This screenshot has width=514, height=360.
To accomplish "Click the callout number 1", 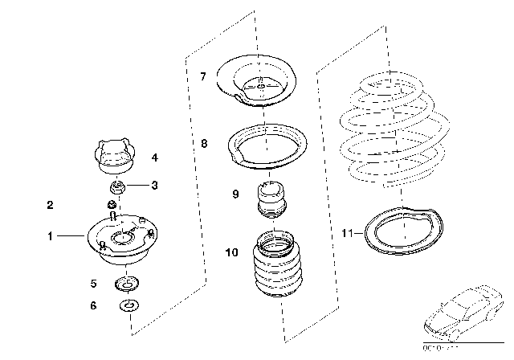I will point(50,236).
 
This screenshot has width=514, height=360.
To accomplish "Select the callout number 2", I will point(50,206).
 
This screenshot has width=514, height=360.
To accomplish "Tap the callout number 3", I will point(155,186).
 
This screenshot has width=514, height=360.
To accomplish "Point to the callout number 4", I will point(155,157).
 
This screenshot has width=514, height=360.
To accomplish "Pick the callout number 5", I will point(94,283).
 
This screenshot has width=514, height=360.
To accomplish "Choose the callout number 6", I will point(94,305).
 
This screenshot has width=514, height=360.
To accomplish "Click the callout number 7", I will point(203,76).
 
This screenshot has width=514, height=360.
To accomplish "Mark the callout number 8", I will point(204,144).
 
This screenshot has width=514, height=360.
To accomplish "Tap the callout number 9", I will point(235,194).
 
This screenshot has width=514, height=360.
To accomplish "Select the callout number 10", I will point(232,252).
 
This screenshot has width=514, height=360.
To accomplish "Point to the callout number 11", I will point(346,234).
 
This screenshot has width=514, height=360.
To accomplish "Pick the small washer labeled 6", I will point(128,305).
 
